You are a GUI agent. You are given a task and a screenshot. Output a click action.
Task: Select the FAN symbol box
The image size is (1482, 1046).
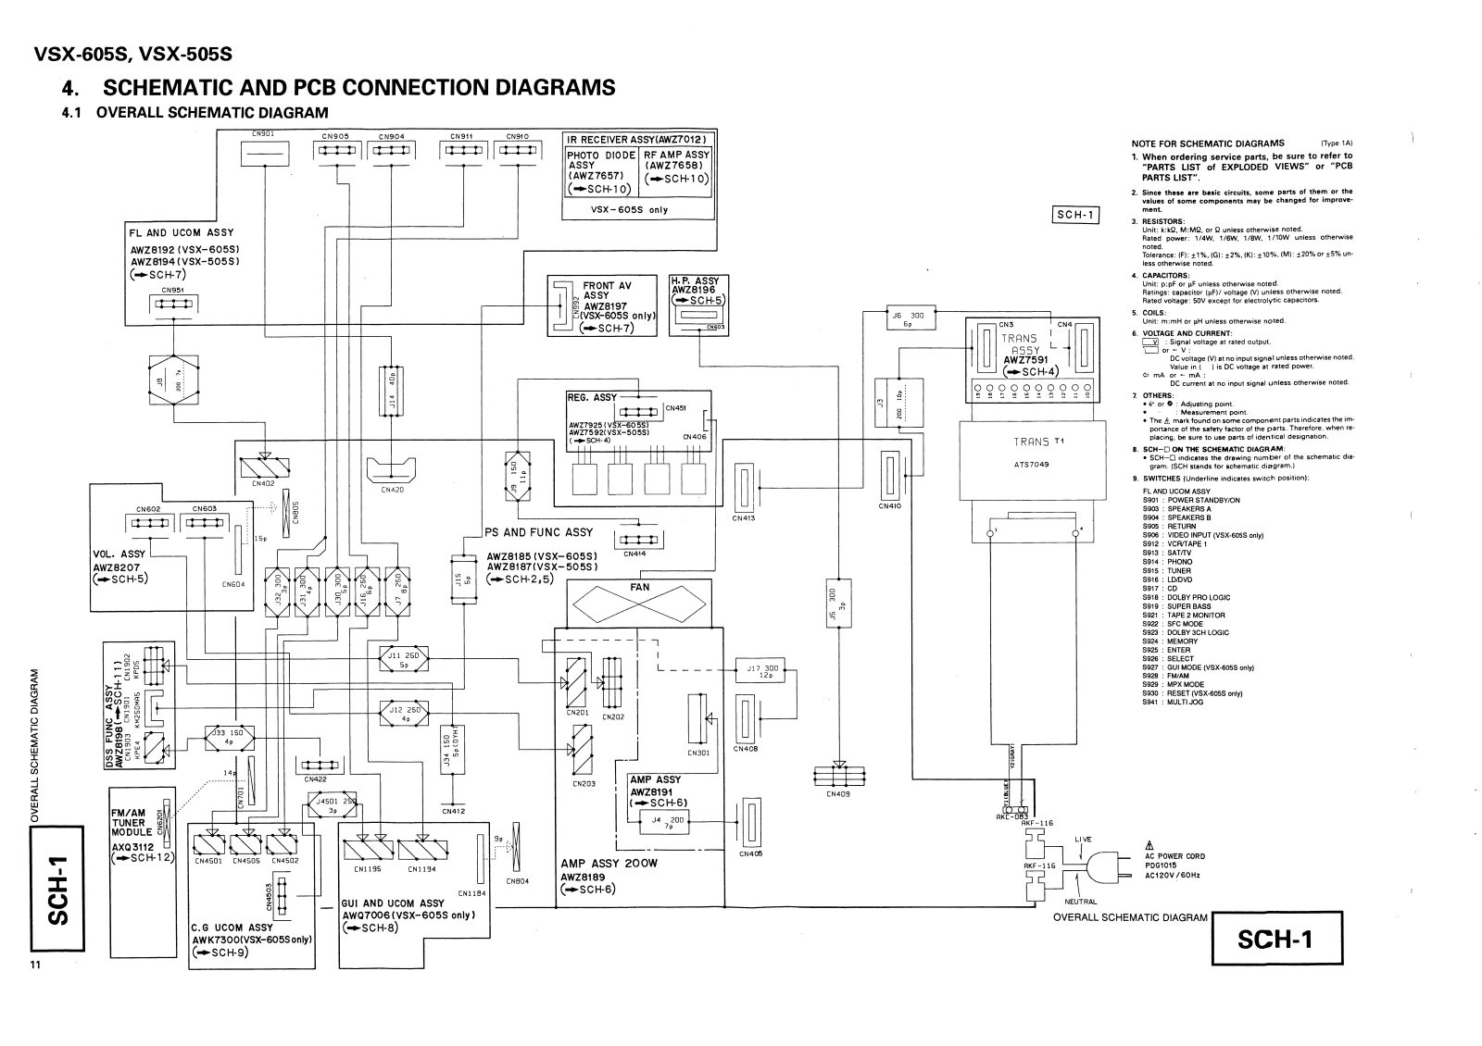(639, 606)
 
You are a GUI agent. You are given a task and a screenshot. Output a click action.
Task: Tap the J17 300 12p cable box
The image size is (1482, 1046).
(760, 670)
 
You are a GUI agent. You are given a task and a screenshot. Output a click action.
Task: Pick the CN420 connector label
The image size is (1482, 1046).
(392, 490)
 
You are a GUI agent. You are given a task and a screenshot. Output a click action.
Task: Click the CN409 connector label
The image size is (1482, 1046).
(837, 794)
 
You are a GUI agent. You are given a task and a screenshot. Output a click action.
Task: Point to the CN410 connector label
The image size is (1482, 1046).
(890, 505)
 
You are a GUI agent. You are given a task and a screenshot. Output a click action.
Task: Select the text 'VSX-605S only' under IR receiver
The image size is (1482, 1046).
(629, 209)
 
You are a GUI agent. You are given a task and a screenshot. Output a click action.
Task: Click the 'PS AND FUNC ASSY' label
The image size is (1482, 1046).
(538, 532)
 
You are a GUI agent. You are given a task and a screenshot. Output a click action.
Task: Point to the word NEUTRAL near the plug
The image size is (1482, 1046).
(1080, 902)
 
